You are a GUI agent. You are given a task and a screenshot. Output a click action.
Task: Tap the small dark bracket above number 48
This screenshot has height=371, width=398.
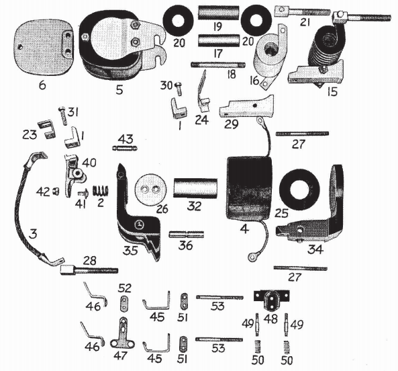(x=272, y=298)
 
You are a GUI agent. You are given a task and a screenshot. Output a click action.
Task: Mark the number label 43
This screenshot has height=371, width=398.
(x=125, y=138)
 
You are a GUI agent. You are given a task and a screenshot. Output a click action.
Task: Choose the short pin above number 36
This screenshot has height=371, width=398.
(x=185, y=235)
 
